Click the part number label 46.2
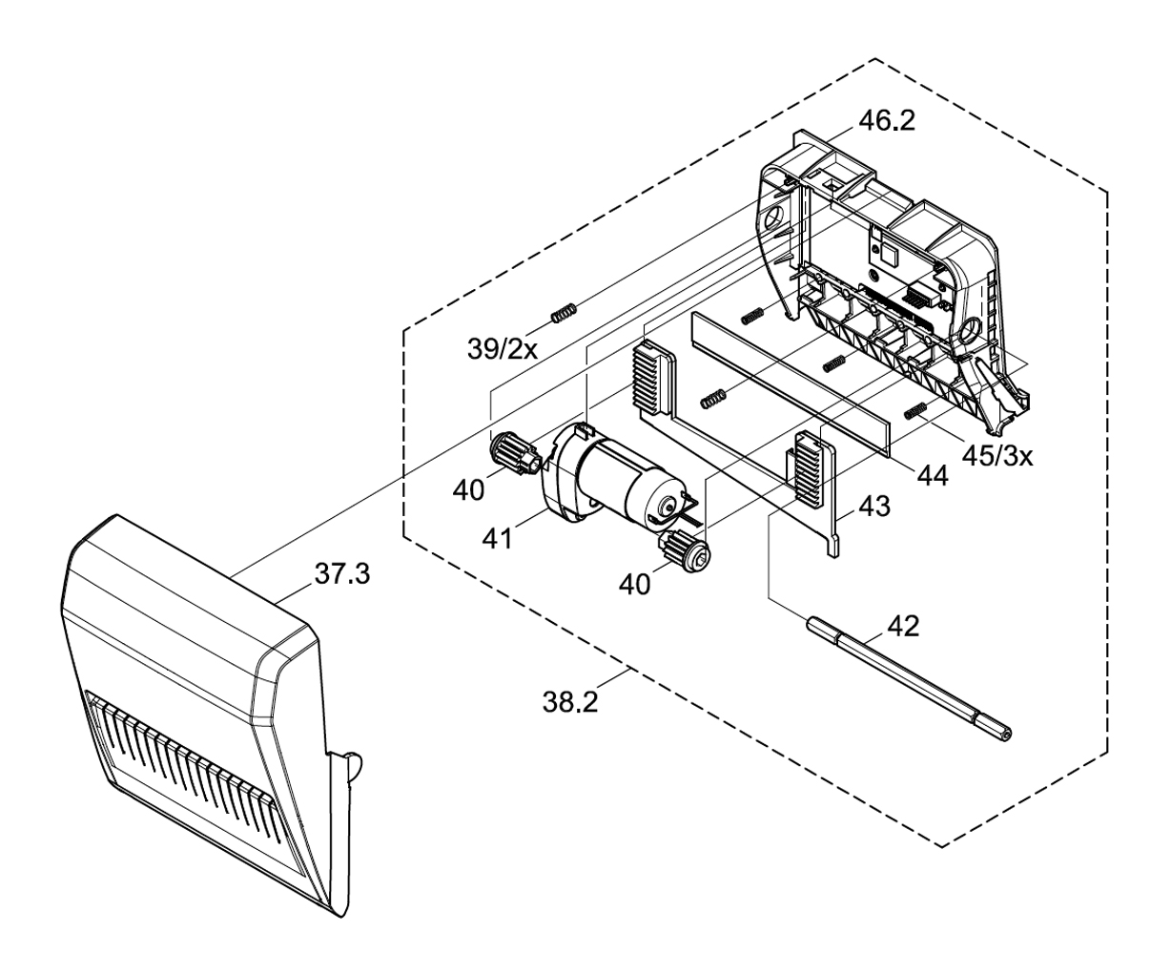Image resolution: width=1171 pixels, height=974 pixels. click(887, 120)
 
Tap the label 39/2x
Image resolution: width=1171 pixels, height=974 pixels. click(503, 349)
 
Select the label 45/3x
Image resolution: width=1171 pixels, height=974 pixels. click(997, 457)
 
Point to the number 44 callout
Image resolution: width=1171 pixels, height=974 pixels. click(933, 476)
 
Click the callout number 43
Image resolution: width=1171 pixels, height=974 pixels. click(874, 506)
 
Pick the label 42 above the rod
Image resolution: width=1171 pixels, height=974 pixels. click(903, 627)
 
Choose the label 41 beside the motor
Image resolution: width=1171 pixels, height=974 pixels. click(497, 539)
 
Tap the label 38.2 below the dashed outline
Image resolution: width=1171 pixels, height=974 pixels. click(570, 702)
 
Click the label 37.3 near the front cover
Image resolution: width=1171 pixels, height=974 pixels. click(342, 574)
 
